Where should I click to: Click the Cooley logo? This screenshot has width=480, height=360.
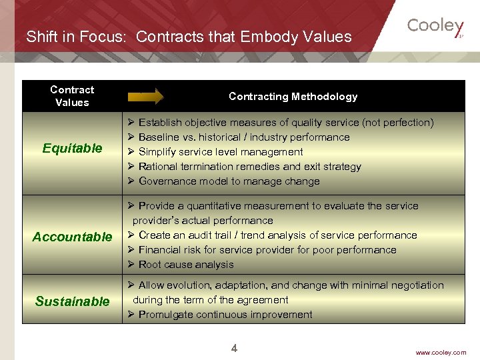pyautogui.click(x=435, y=27)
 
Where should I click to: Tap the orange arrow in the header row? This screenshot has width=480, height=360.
pyautogui.click(x=145, y=97)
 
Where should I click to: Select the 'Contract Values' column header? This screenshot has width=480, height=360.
pyautogui.click(x=72, y=96)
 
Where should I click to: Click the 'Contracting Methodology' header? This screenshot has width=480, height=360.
pyautogui.click(x=293, y=97)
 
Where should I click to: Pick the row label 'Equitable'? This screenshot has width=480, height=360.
pyautogui.click(x=72, y=148)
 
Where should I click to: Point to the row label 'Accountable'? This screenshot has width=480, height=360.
pyautogui.click(x=72, y=237)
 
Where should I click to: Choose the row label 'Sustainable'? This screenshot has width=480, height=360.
pyautogui.click(x=72, y=301)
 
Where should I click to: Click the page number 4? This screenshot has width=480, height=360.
pyautogui.click(x=234, y=348)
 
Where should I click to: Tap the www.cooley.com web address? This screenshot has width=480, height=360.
pyautogui.click(x=441, y=352)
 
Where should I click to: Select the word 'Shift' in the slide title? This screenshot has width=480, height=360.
pyautogui.click(x=41, y=37)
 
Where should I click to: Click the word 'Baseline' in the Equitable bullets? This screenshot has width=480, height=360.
pyautogui.click(x=159, y=137)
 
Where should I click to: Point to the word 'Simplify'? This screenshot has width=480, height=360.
pyautogui.click(x=158, y=152)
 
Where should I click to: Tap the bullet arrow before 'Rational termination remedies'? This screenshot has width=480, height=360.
pyautogui.click(x=131, y=167)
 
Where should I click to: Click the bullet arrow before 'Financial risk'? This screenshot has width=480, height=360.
pyautogui.click(x=131, y=250)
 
